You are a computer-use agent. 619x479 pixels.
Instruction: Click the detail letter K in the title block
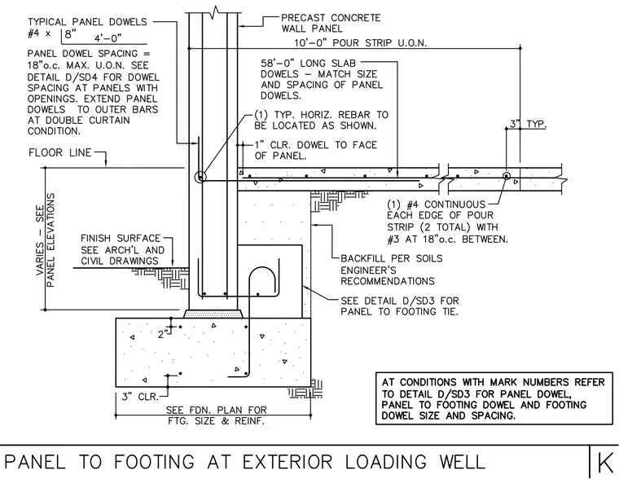click(605, 462)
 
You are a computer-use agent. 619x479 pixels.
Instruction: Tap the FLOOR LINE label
click(60, 152)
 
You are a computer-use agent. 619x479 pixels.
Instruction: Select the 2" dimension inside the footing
click(162, 335)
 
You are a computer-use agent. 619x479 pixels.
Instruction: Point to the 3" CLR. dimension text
click(140, 396)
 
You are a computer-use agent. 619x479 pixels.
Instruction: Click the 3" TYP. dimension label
click(529, 124)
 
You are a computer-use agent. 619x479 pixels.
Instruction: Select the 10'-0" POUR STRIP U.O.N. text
click(361, 42)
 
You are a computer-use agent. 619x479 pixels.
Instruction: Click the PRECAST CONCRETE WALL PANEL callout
click(331, 24)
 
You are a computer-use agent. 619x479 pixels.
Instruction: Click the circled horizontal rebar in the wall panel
click(200, 178)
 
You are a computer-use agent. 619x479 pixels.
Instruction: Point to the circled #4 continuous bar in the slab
click(506, 176)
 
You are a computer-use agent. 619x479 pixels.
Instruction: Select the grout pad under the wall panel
click(213, 314)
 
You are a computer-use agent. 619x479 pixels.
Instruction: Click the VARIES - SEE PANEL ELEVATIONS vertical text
click(46, 239)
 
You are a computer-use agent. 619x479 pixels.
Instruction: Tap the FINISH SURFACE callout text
click(123, 249)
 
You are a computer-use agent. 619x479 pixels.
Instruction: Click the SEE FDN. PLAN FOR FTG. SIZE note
click(217, 415)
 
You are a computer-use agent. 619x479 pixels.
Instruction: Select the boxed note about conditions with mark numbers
click(494, 398)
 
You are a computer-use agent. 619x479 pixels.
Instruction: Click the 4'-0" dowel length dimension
click(108, 38)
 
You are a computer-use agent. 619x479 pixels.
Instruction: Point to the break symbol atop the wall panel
click(216, 11)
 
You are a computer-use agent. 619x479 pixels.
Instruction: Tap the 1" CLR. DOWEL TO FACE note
click(316, 150)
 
